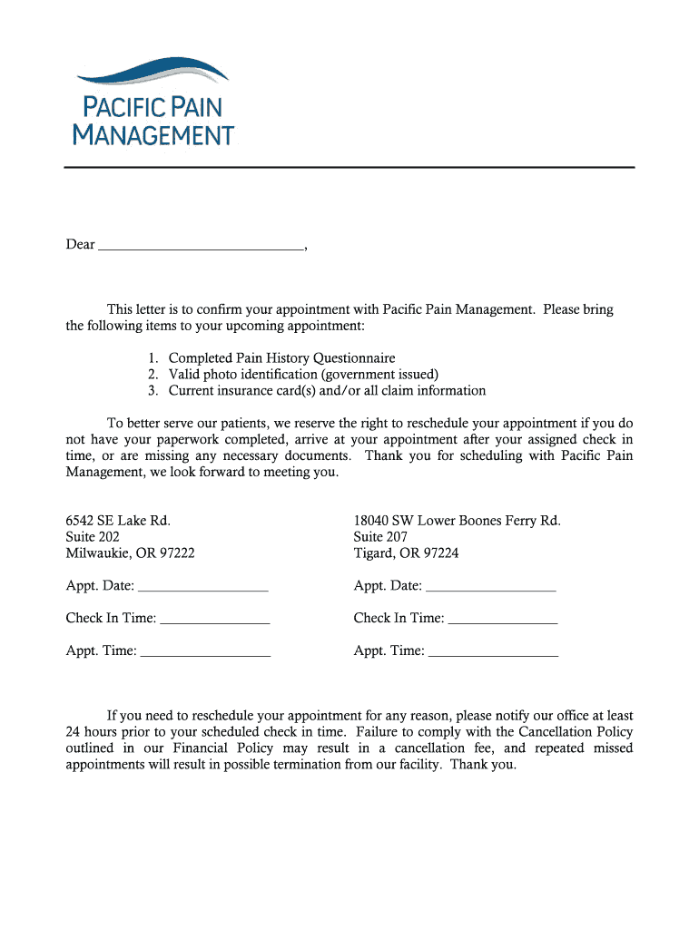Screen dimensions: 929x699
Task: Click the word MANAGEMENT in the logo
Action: [x=153, y=136]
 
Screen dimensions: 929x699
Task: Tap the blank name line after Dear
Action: [x=200, y=245]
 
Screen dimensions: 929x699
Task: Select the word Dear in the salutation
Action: [x=80, y=245]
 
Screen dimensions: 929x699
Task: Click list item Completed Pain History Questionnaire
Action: [x=281, y=358]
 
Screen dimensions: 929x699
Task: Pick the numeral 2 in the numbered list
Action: [x=153, y=375]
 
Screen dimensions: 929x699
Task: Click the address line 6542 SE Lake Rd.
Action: [x=118, y=521]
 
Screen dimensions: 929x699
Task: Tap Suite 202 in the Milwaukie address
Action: [x=93, y=537]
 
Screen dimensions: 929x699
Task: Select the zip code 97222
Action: [x=177, y=553]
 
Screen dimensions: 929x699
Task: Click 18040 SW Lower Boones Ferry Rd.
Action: [x=457, y=521]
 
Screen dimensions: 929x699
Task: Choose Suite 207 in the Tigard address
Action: [x=380, y=537]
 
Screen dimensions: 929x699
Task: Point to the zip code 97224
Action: [x=441, y=553]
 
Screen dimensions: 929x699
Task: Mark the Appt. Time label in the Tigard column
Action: [x=389, y=650]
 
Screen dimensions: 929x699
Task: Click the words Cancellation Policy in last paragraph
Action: [x=576, y=732]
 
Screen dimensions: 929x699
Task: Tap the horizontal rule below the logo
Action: [x=349, y=168]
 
